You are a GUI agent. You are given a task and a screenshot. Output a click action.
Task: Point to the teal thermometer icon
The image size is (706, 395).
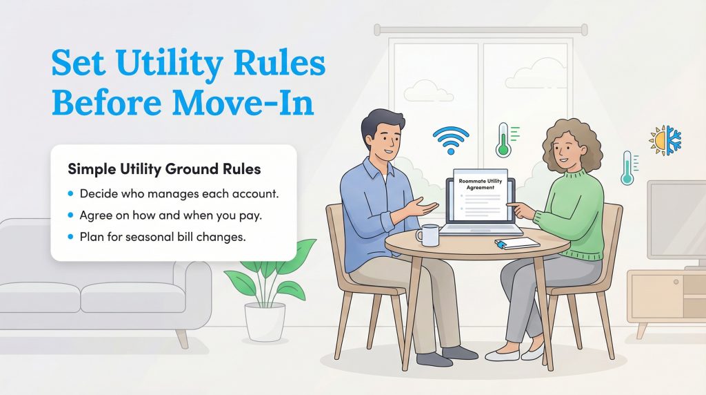(627, 168)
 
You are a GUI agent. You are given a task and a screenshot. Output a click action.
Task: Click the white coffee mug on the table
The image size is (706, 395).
(427, 235)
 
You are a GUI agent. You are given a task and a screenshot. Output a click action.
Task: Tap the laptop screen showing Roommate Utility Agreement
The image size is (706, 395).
(480, 196)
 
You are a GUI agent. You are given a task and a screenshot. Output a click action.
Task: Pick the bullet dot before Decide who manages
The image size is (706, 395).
(71, 193)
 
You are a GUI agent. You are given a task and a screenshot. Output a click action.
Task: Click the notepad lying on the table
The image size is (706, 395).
(518, 242)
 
